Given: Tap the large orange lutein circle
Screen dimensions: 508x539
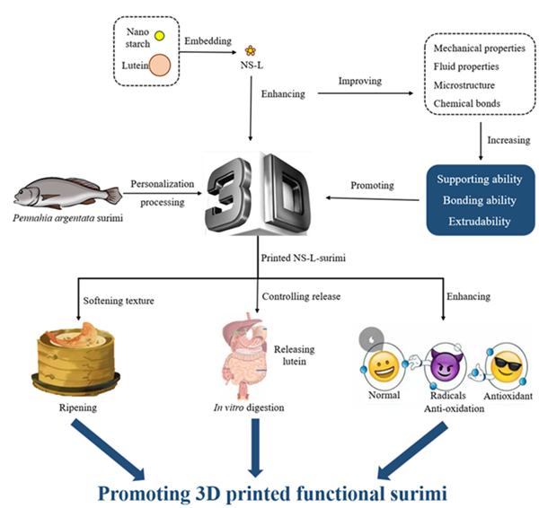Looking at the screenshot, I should pos(160,66).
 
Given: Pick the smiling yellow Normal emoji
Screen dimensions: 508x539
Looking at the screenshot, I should pos(384,369).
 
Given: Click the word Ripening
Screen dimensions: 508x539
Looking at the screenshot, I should pos(77,408).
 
